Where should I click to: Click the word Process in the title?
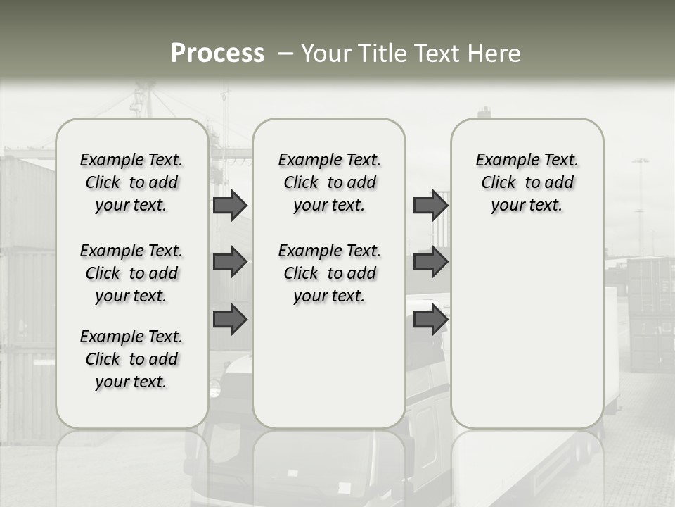(217, 53)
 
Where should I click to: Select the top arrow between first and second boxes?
(230, 206)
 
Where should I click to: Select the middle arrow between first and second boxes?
(230, 262)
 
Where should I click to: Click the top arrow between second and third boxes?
(430, 206)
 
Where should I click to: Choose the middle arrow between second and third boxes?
(430, 262)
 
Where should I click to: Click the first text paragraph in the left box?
(131, 182)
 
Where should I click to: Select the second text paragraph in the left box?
(131, 273)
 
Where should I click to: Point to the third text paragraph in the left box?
(131, 359)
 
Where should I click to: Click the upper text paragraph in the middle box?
(329, 182)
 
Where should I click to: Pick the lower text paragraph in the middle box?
(329, 273)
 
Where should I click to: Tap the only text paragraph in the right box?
(527, 182)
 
